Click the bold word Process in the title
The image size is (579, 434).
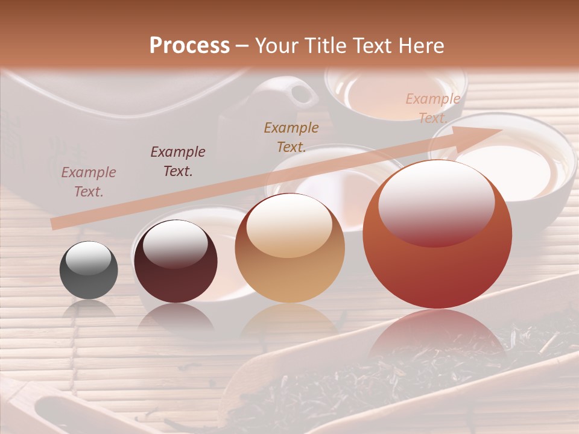tap(189, 45)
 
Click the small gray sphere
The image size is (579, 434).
tap(89, 269)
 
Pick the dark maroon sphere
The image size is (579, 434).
tap(176, 262)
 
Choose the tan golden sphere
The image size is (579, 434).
tap(289, 248)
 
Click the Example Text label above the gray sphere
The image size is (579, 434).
tap(89, 182)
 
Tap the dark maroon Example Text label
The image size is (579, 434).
tap(178, 161)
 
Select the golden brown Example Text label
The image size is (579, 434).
tap(291, 137)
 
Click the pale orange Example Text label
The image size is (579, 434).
tap(432, 108)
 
